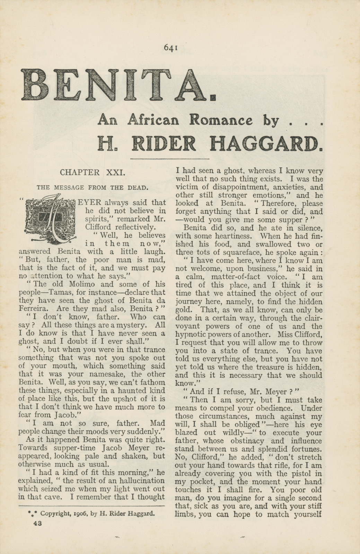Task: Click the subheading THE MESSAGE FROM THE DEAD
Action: click(93, 188)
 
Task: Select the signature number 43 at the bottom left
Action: click(37, 524)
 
